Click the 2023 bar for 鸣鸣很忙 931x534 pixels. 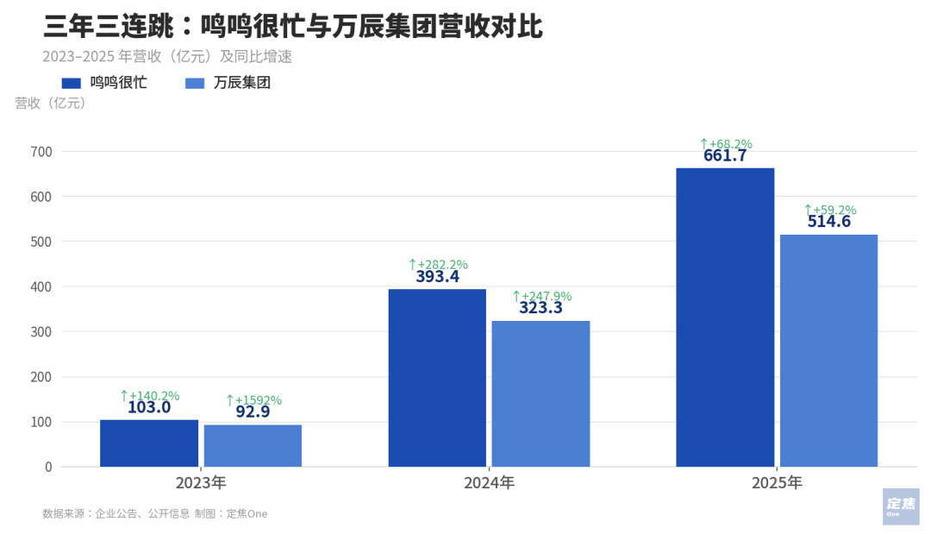click(149, 443)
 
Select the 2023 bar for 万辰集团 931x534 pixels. click(253, 446)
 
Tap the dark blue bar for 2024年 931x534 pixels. click(437, 378)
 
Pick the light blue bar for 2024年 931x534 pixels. click(540, 393)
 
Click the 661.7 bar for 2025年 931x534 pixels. click(725, 317)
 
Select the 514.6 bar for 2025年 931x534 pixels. click(828, 350)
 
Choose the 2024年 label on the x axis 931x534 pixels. click(489, 483)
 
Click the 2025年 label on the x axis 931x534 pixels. click(777, 483)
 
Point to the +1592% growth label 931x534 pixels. click(253, 400)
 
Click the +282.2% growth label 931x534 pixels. click(438, 264)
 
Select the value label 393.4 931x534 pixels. click(438, 277)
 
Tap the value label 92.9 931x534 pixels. click(253, 412)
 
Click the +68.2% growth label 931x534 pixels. click(726, 144)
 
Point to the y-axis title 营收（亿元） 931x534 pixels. click(51, 104)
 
